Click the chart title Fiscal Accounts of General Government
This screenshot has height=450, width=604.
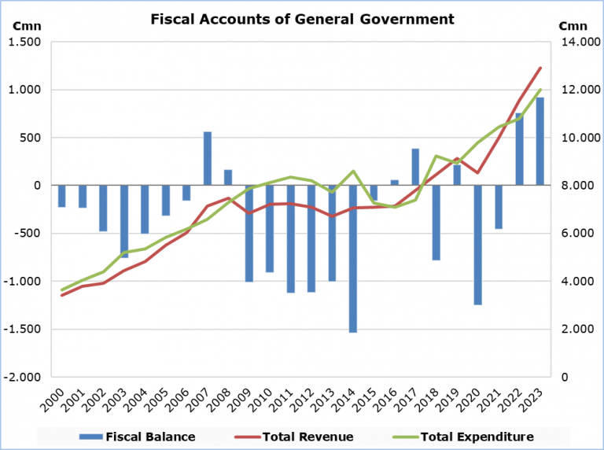302,18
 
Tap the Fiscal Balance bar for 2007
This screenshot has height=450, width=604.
208,158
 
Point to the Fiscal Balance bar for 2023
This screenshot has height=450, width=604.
540,142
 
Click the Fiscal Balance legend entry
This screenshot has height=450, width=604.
138,437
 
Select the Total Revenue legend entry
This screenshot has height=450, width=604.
296,437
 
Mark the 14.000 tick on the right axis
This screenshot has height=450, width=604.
577,42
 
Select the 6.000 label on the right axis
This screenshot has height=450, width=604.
575,234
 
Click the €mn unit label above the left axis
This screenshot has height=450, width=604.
23,26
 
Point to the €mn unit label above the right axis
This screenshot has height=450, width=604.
570,26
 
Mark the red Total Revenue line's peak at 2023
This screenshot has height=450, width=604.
540,68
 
